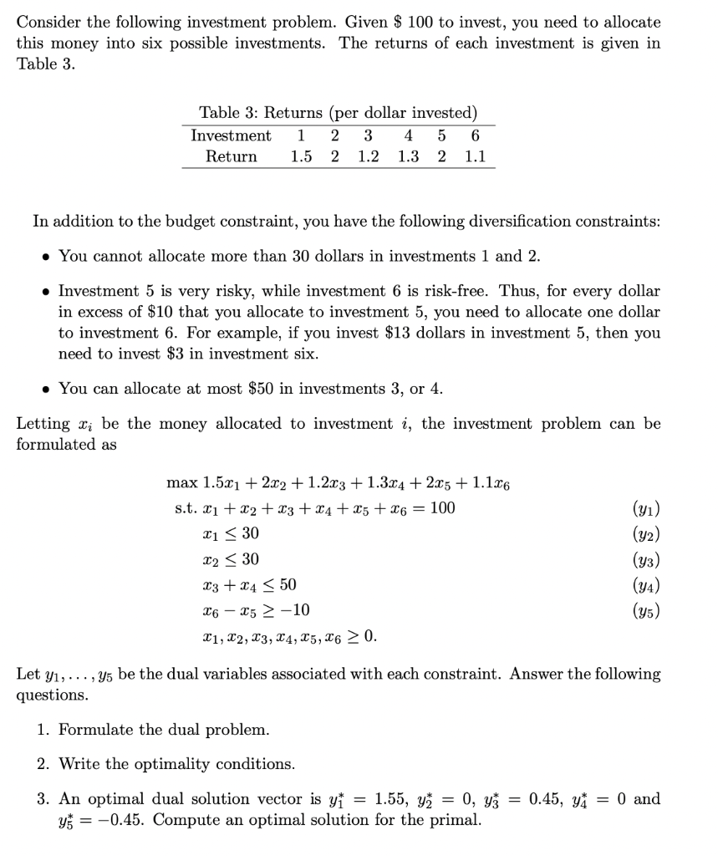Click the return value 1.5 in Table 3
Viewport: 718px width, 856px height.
tap(302, 156)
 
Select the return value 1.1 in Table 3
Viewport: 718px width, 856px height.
tap(475, 156)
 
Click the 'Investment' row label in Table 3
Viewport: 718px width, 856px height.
tap(231, 135)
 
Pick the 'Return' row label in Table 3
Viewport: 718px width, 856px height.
tap(232, 156)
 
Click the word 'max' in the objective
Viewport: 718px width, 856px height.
tap(181, 482)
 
